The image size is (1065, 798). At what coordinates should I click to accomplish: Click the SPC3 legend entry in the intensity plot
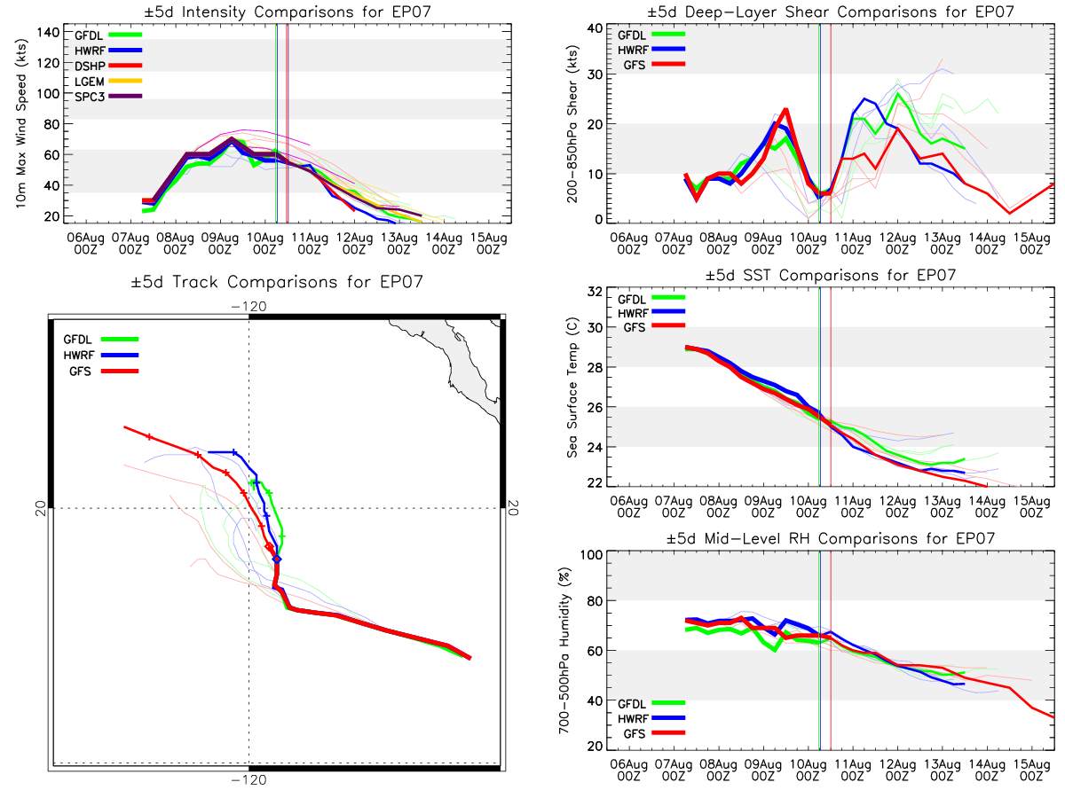(108, 97)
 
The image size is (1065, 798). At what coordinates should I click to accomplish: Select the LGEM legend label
(90, 82)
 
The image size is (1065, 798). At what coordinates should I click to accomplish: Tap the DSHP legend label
(90, 66)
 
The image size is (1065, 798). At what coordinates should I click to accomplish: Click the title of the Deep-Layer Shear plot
(830, 12)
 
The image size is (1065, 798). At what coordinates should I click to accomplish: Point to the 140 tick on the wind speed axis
(48, 33)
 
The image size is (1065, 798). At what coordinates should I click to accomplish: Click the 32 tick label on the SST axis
(595, 292)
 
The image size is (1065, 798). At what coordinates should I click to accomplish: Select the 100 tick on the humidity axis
(591, 554)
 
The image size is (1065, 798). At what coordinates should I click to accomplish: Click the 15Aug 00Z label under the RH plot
(1031, 771)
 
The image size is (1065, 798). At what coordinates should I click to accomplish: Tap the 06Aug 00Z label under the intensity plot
(85, 244)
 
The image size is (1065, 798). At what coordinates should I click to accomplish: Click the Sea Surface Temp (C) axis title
(572, 387)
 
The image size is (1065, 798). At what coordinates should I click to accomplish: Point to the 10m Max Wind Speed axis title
(21, 123)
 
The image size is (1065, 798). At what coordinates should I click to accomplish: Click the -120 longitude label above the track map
(248, 307)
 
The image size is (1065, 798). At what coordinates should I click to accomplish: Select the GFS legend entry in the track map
(101, 372)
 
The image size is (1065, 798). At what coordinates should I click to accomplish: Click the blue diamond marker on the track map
(277, 559)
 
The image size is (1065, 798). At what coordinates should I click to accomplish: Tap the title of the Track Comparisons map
(277, 281)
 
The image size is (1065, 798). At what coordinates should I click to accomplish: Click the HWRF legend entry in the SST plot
(651, 312)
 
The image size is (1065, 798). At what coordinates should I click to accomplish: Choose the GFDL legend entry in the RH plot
(651, 703)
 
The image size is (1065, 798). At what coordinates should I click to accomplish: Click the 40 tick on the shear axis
(595, 28)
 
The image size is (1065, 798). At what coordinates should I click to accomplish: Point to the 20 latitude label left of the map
(41, 508)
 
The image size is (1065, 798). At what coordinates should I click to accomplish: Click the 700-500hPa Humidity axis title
(564, 650)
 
